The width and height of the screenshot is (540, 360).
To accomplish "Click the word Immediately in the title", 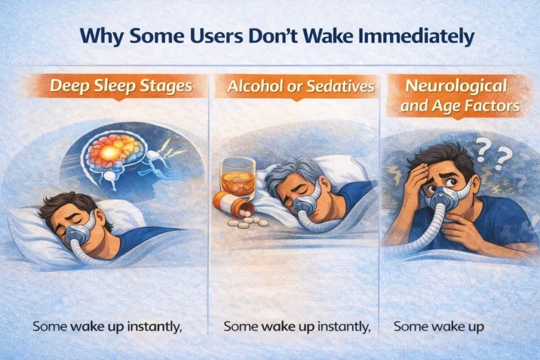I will coord(415,38).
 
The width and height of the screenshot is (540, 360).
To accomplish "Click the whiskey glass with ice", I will coord(237,178).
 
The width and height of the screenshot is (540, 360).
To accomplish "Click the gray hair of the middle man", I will coord(287,171).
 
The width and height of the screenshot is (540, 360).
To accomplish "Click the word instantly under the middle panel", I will coord(343,326).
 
